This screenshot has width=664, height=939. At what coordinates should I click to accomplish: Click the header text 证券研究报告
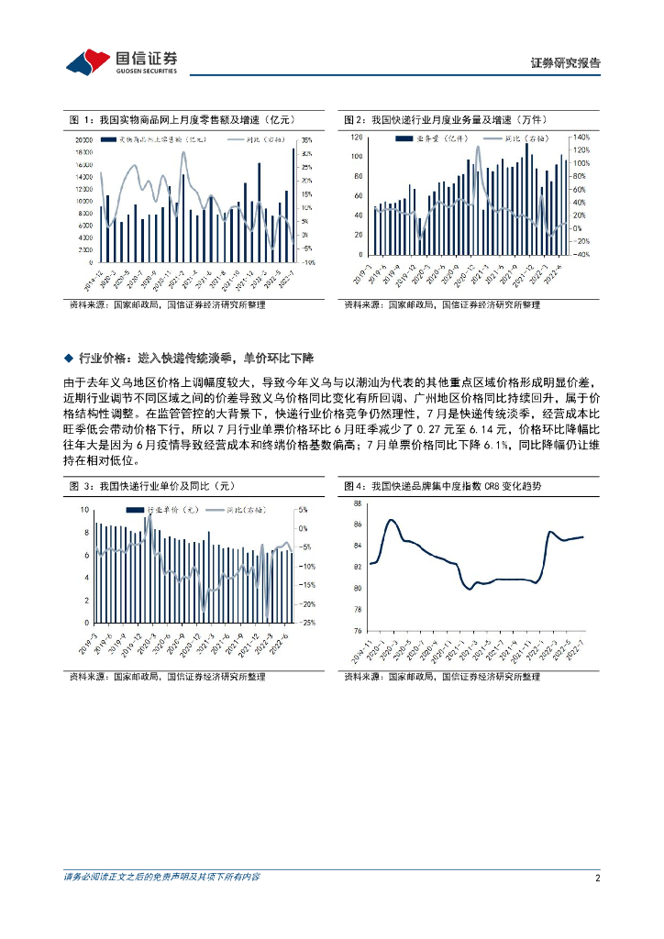coord(566,63)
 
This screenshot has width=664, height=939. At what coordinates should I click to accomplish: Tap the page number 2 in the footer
coord(597,878)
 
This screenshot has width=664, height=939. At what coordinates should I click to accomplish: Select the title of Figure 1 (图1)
coord(181,120)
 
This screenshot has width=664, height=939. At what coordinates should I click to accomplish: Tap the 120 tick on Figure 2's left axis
coord(357,138)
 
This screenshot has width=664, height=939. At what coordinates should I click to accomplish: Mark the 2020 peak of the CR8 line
coord(391,520)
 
